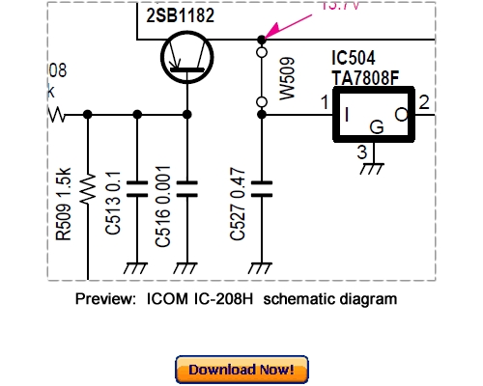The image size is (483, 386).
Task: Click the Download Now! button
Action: click(x=241, y=369)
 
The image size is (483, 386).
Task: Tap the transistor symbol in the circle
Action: click(x=185, y=60)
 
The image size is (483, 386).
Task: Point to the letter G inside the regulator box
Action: click(x=377, y=124)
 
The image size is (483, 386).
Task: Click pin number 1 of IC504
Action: click(x=326, y=101)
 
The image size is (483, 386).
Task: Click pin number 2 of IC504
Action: click(x=425, y=101)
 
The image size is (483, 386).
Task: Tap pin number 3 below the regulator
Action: click(x=360, y=151)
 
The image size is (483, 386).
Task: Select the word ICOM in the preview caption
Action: click(x=168, y=299)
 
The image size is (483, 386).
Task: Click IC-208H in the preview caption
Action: click(x=227, y=299)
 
